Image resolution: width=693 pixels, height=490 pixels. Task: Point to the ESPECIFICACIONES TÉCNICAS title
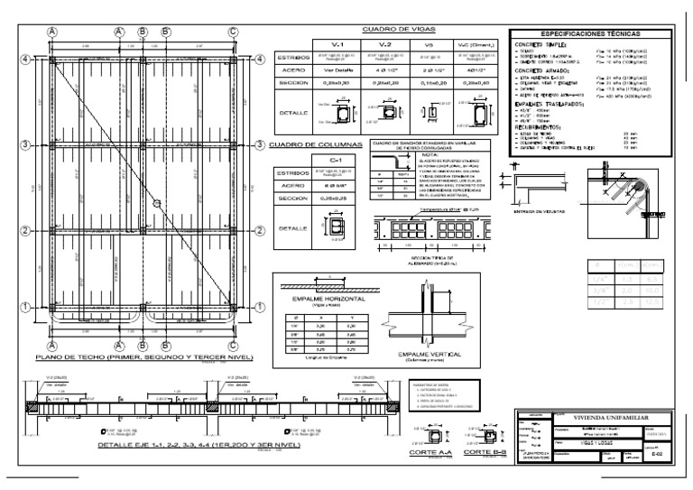pyautogui.click(x=591, y=32)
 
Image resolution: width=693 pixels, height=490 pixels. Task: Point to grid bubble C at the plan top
pyautogui.click(x=233, y=30)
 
